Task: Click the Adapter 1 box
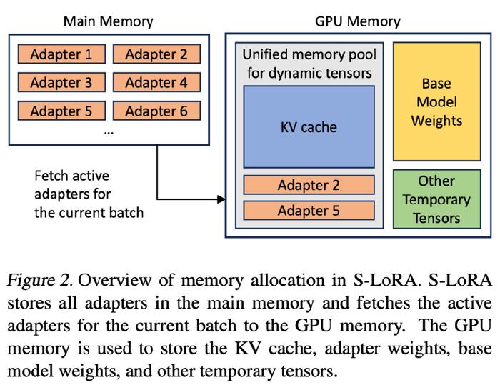pos(61,54)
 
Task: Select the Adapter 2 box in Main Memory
pos(156,54)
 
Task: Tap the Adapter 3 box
pos(61,83)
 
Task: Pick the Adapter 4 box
pos(156,83)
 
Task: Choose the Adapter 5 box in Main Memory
pos(61,111)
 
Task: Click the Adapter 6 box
pos(156,111)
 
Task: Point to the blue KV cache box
pos(309,127)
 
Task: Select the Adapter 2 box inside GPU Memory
pos(309,185)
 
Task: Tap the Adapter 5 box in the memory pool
pos(309,211)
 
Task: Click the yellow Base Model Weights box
pos(437,101)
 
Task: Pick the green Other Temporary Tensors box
pos(437,199)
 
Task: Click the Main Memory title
pos(108,21)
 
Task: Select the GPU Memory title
pos(357,21)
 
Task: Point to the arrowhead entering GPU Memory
pos(221,199)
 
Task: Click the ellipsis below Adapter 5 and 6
pos(109,133)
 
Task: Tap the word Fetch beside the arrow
pos(51,176)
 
